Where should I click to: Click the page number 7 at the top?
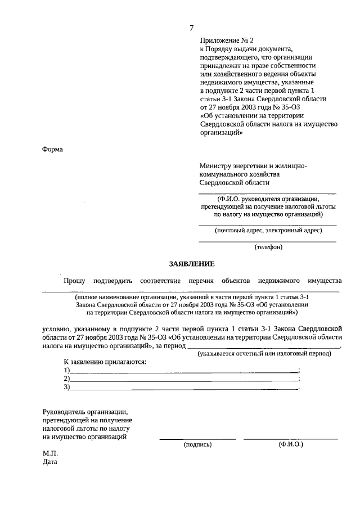(192, 28)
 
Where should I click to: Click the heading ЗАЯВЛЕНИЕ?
(192, 264)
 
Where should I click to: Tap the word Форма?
(53, 149)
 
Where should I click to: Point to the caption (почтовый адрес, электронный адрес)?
(268, 230)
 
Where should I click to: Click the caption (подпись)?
(197, 444)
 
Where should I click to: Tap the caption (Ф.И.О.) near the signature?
(290, 444)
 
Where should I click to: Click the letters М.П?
(50, 453)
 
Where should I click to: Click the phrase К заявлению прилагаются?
(105, 361)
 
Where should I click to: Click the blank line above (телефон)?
(268, 241)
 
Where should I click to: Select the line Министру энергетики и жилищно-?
(253, 166)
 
